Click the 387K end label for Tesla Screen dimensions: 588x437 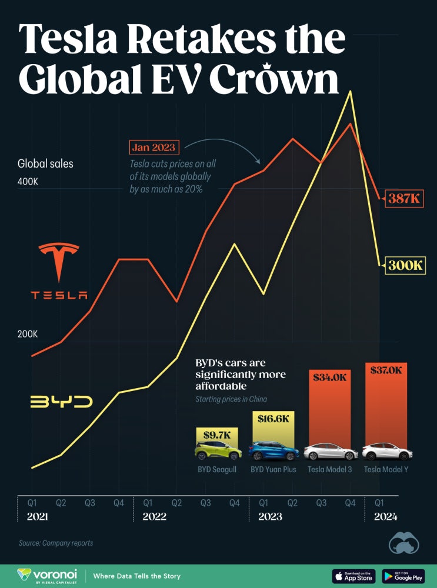tap(405, 199)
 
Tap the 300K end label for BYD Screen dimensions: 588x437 tap(405, 265)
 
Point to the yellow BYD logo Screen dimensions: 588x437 tap(61, 402)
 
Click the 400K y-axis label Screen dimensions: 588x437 tap(28, 182)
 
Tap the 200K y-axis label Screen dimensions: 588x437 tap(28, 335)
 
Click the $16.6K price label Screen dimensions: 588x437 tap(273, 419)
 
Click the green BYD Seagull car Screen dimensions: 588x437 tap(218, 452)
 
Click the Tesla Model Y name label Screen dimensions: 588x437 tap(386, 469)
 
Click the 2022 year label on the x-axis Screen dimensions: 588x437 tap(154, 517)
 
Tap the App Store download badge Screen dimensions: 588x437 tap(354, 576)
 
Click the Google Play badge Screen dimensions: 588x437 tap(403, 576)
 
